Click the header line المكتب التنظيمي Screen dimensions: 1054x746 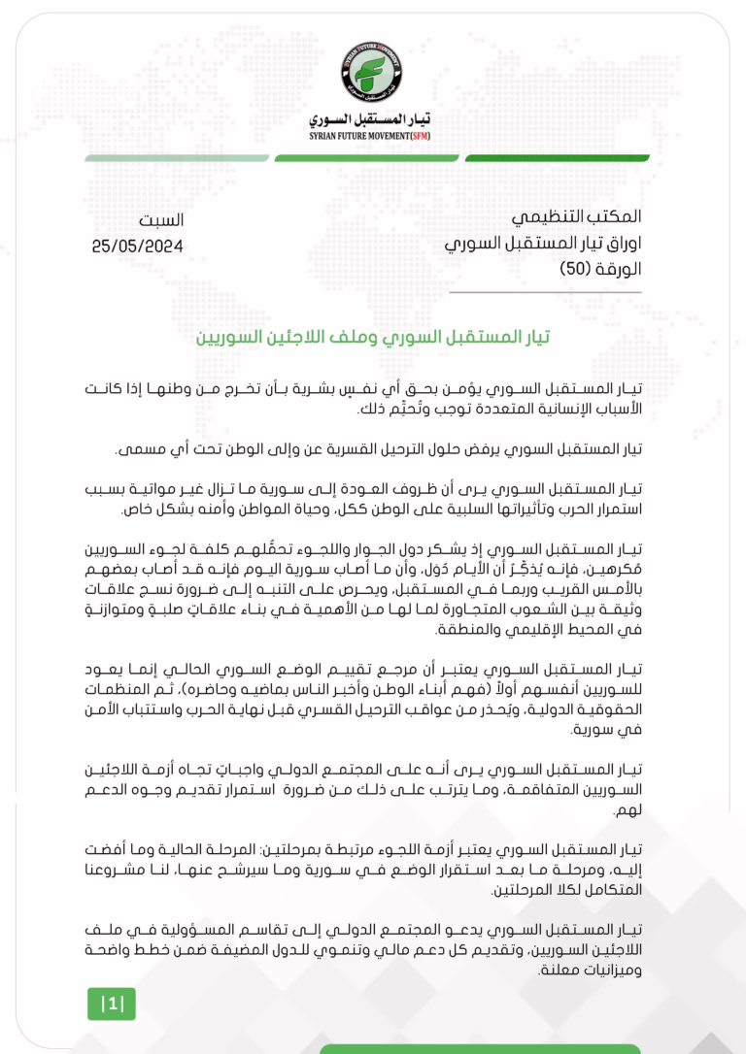coord(575,219)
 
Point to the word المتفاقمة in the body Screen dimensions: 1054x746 coord(528,792)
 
